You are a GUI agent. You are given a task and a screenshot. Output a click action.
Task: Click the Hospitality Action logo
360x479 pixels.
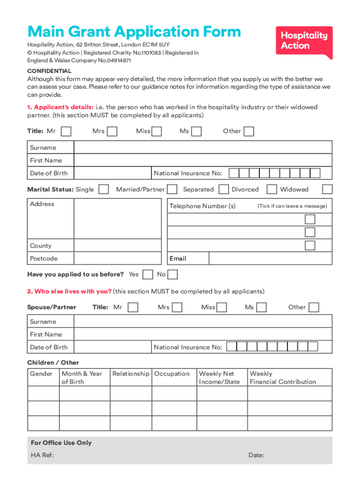[304, 41]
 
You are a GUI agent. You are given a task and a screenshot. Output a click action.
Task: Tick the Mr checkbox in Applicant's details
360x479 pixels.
[66, 131]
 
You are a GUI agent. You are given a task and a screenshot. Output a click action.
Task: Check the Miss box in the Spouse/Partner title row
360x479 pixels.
[222, 307]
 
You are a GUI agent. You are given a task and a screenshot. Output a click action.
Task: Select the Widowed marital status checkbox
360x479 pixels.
[327, 189]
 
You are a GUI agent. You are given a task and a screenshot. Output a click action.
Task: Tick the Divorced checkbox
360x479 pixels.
[271, 189]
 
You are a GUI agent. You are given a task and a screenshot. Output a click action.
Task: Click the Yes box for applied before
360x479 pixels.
[148, 275]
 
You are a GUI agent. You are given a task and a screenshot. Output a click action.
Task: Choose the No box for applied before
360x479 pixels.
[173, 275]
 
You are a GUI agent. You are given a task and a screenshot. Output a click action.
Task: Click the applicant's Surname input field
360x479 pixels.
[202, 148]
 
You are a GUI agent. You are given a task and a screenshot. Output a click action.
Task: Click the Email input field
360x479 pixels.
[270, 259]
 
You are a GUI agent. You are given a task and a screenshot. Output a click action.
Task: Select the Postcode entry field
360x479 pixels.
[120, 259]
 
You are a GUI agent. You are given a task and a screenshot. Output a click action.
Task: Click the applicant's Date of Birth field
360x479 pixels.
[112, 173]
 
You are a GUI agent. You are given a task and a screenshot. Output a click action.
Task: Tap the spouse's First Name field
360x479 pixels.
[202, 334]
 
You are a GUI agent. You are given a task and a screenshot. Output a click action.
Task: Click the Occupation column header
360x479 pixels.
[172, 374]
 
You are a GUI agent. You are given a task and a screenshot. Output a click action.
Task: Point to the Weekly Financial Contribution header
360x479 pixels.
[283, 378]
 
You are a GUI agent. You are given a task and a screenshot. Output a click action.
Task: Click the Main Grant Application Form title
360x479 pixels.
[134, 32]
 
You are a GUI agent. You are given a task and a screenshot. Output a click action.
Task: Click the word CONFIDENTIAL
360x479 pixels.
[49, 71]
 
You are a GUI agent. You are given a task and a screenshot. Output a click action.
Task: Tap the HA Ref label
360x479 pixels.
[42, 455]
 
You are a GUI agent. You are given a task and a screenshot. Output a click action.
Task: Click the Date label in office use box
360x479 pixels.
[256, 455]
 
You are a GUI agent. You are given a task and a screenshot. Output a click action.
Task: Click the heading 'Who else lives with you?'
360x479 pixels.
[69, 291]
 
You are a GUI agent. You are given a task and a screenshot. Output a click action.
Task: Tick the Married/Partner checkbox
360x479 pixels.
[172, 189]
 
